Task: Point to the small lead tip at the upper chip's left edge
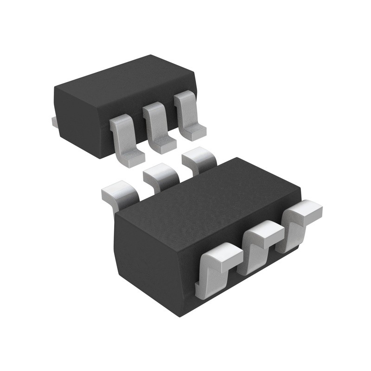click(x=53, y=122)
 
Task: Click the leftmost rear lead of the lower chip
click(x=118, y=192)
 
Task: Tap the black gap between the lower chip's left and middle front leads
click(x=239, y=274)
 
